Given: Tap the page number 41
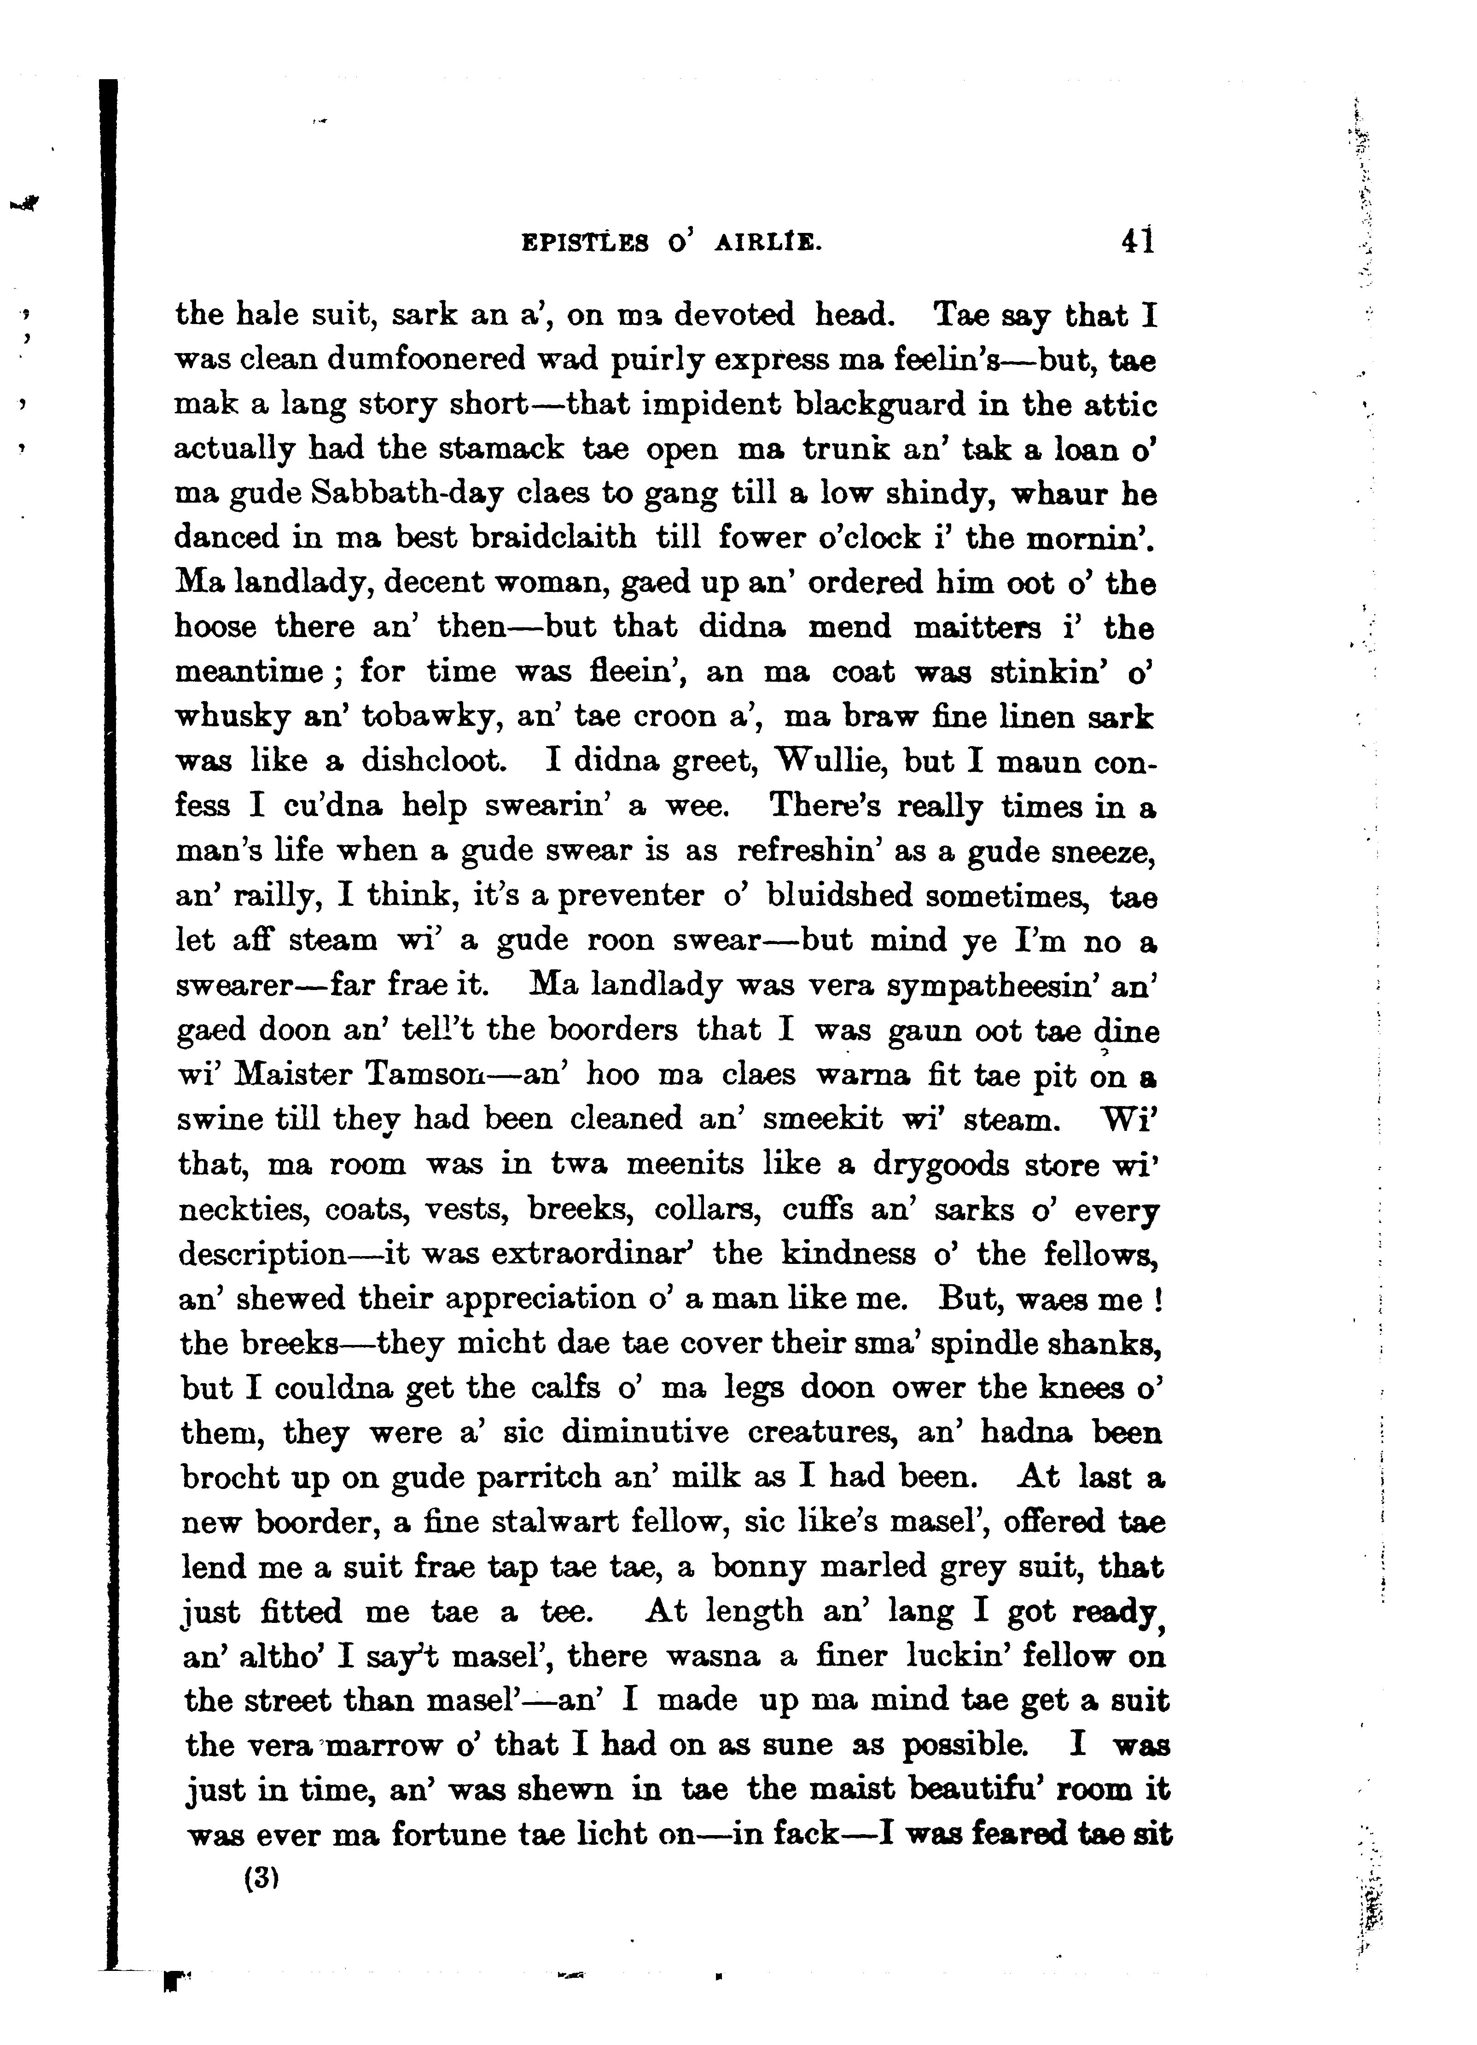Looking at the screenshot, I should click(1137, 242).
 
